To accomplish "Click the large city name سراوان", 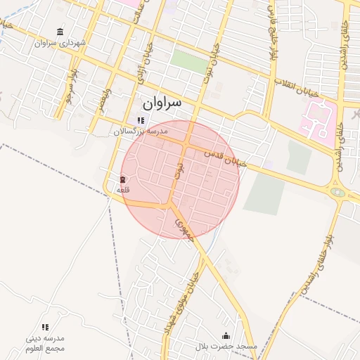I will tap(162, 103).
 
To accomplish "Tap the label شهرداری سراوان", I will tap(62, 43).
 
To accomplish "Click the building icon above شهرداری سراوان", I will tap(60, 32).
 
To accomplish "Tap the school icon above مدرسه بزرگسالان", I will tap(141, 120).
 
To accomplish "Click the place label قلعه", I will tap(123, 189).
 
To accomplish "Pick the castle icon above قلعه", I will tap(123, 179).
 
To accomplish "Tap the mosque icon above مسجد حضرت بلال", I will tap(226, 335).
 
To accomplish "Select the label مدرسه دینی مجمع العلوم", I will tap(45, 344).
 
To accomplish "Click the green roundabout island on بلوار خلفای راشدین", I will tap(338, 192).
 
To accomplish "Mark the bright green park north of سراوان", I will tap(189, 61).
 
